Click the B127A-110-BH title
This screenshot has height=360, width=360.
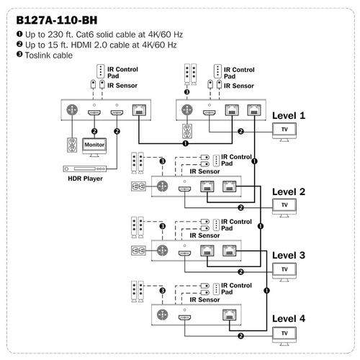coord(57,20)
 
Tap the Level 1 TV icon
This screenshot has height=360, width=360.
coord(284,132)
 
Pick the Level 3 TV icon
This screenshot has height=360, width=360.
coord(284,272)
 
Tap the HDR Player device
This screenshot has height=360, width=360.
coord(85,168)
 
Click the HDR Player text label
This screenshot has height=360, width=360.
coord(85,179)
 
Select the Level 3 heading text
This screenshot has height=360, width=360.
coord(289,256)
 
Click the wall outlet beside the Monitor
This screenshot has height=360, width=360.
coord(72,145)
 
